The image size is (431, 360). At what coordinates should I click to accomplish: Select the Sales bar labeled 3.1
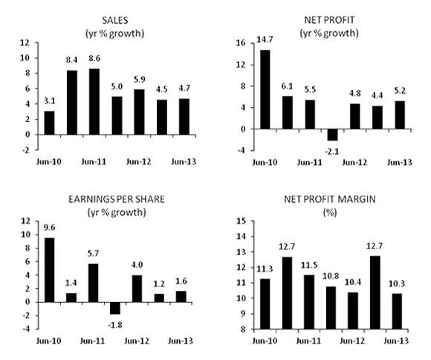point(49,123)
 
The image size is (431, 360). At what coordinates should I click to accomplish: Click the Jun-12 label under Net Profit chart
point(354,161)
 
